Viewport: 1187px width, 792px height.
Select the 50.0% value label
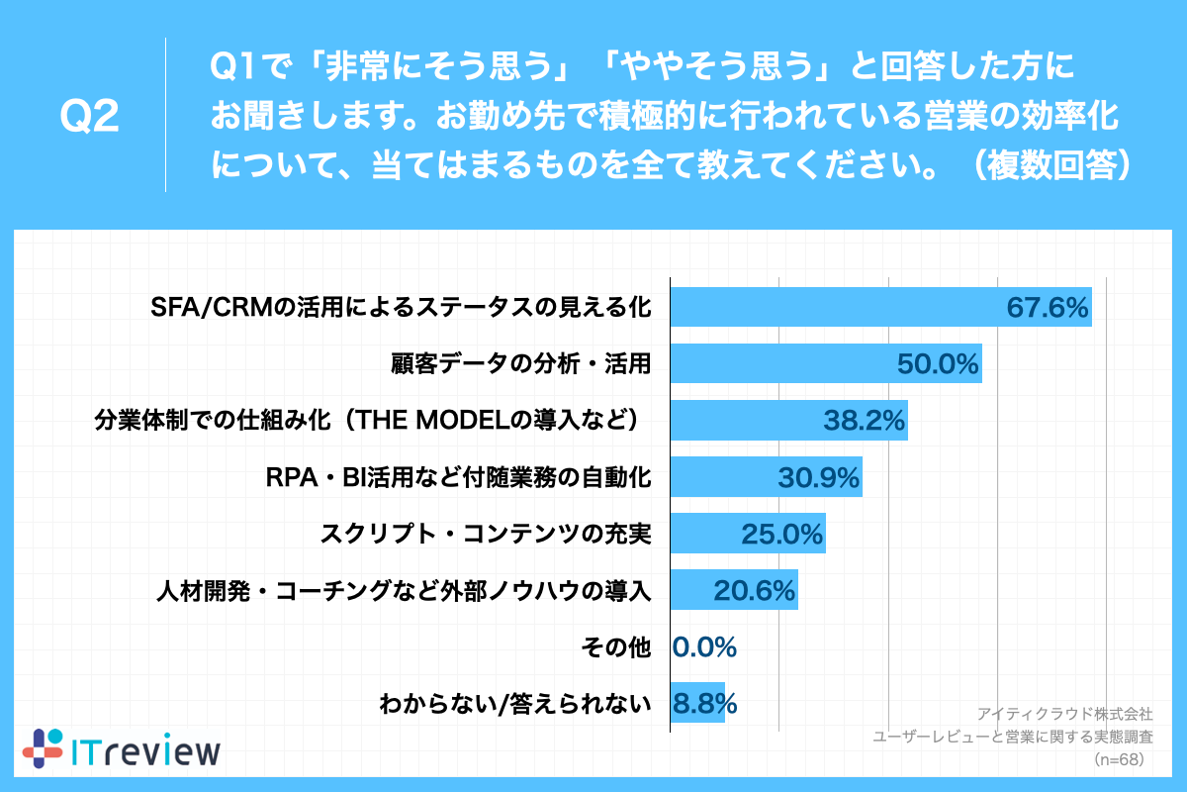tap(938, 364)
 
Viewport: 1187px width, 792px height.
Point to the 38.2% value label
tap(865, 421)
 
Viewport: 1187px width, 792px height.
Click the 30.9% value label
tap(819, 478)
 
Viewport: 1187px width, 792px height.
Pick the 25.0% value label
tap(782, 535)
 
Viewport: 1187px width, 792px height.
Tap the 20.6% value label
tap(755, 592)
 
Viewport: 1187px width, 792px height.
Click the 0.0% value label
tap(704, 648)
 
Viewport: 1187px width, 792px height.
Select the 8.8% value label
tap(704, 705)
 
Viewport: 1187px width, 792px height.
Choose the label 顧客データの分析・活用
tap(521, 364)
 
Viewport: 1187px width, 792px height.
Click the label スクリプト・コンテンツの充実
tap(485, 535)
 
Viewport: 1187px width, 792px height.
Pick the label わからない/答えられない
tap(515, 705)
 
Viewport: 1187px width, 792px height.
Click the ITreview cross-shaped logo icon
tap(42, 749)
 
